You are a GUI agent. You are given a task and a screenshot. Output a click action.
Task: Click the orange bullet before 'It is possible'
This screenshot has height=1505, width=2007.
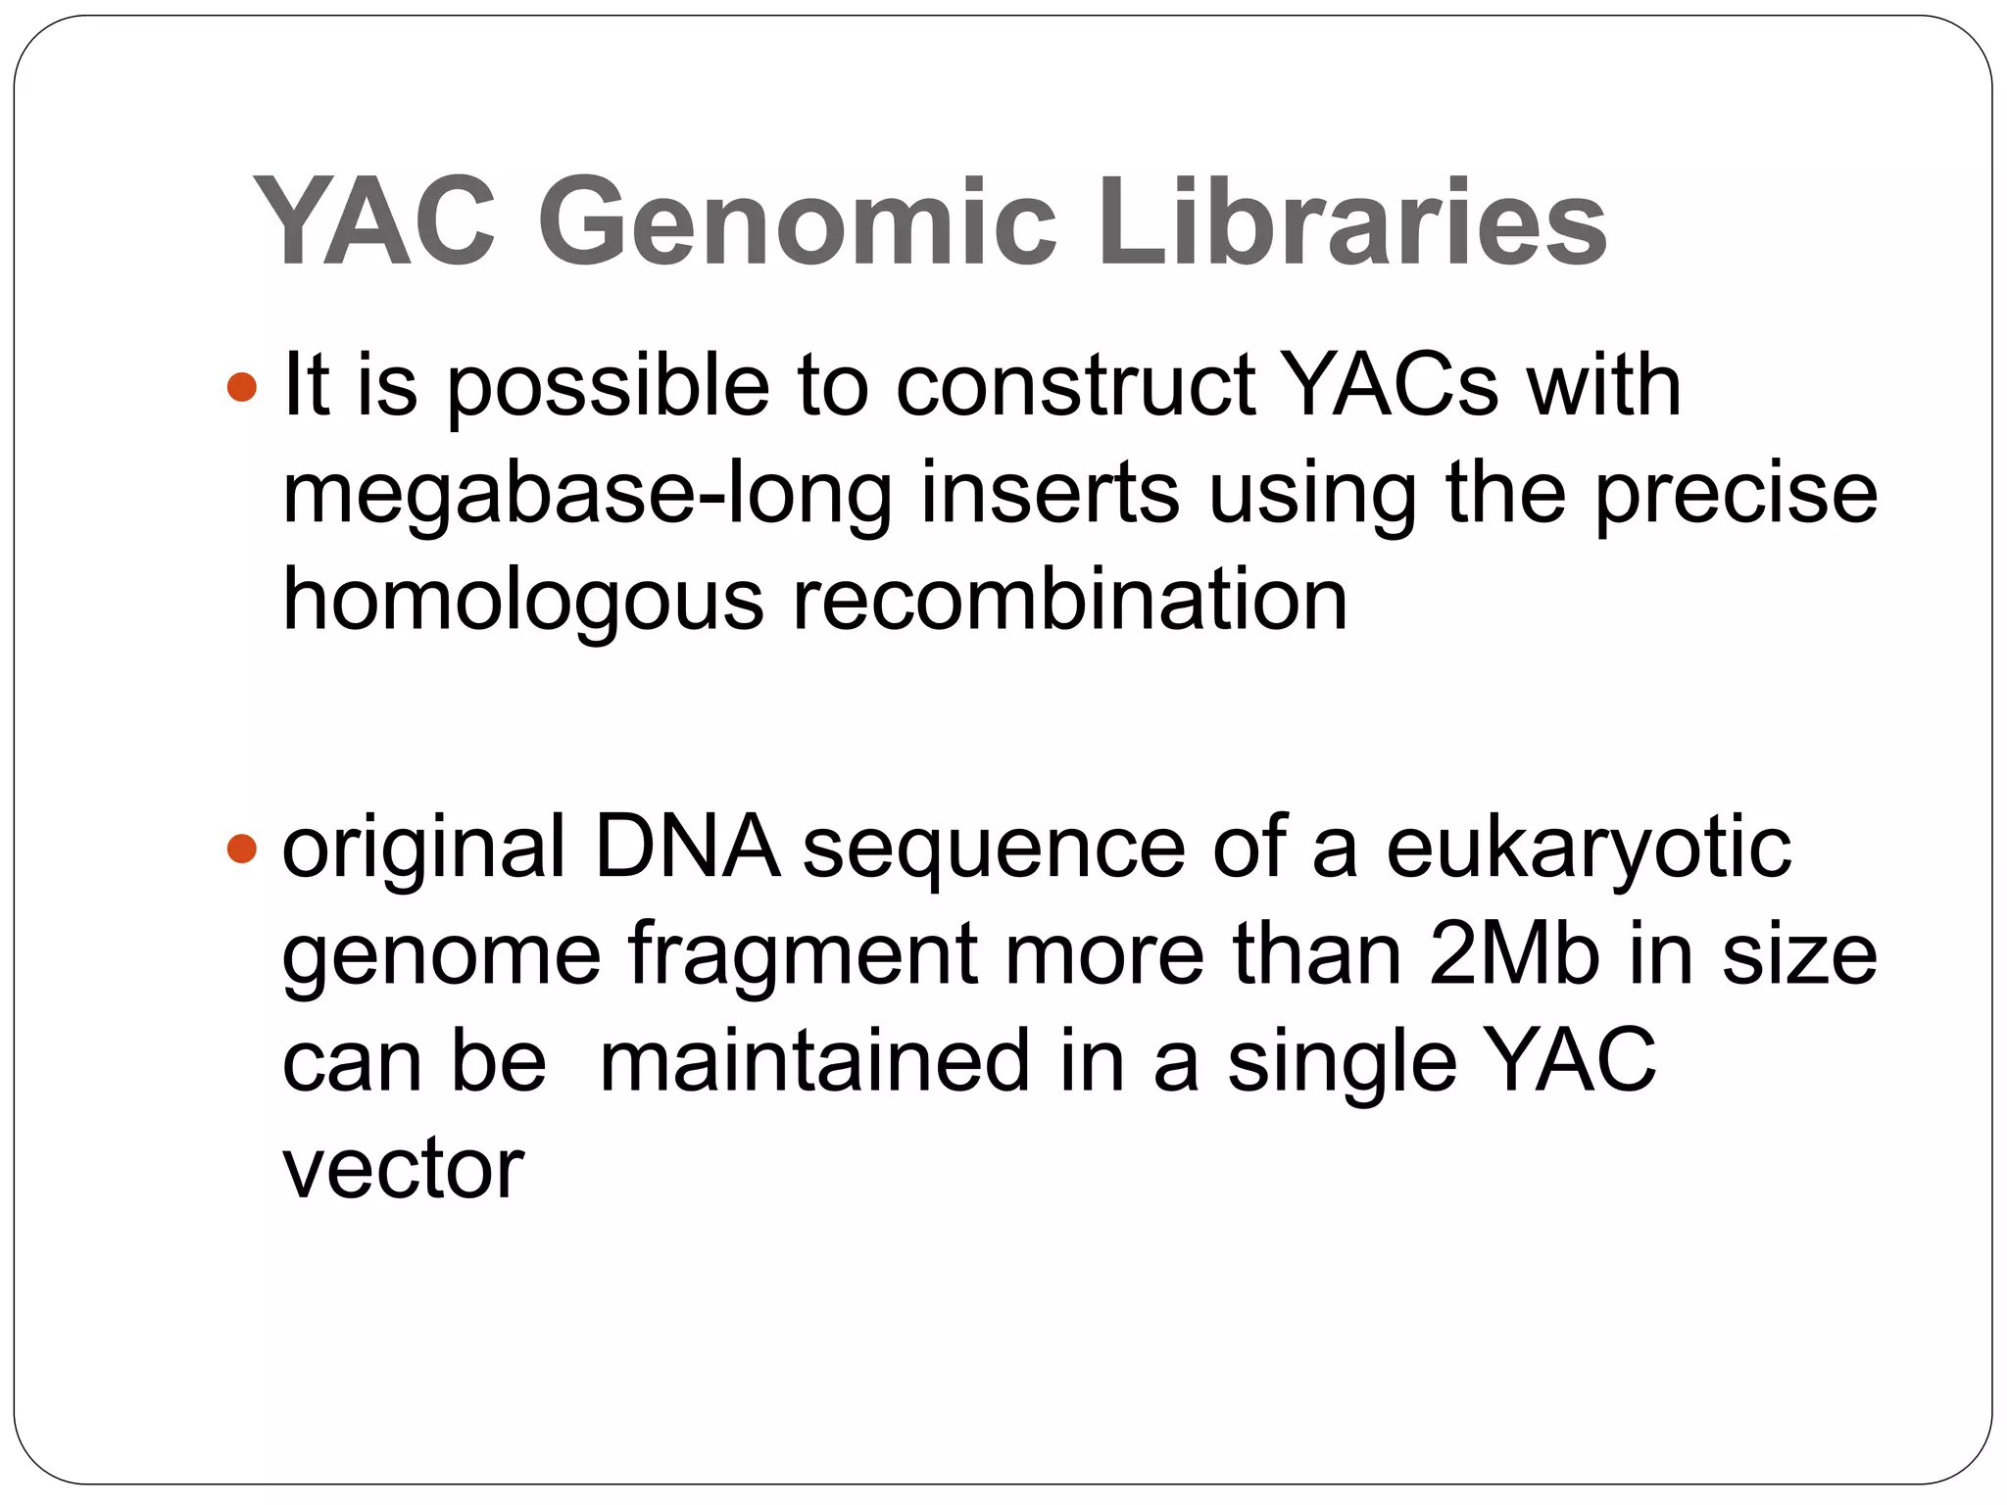click(x=241, y=387)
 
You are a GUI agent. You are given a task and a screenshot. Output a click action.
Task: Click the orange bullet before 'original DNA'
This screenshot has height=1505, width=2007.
click(x=241, y=848)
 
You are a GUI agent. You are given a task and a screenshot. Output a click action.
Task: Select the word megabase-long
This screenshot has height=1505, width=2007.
click(x=587, y=494)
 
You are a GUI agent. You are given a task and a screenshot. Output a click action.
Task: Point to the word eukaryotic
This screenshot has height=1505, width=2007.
click(x=1589, y=849)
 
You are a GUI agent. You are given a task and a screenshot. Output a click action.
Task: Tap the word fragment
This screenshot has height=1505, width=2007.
click(x=803, y=956)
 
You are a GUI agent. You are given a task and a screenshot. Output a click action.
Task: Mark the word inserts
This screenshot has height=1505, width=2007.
click(x=1050, y=494)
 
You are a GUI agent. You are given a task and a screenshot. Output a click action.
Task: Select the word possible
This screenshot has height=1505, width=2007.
click(x=609, y=387)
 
